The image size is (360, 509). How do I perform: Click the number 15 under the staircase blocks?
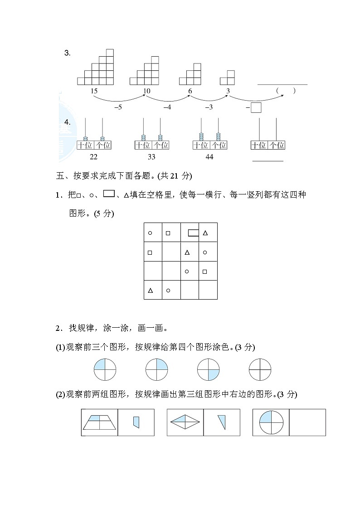click(x=94, y=91)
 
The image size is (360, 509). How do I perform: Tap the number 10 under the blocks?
click(x=146, y=91)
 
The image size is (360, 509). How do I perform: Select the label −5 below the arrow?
click(x=118, y=107)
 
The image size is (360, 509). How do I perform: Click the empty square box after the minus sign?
click(x=256, y=108)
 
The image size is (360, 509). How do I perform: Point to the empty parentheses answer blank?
click(x=286, y=91)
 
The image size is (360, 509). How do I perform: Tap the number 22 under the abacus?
click(x=94, y=157)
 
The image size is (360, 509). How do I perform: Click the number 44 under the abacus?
click(x=209, y=157)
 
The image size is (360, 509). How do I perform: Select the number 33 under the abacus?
click(x=151, y=157)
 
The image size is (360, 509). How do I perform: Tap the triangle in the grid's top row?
click(x=205, y=233)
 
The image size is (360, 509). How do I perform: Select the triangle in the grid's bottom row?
click(x=150, y=290)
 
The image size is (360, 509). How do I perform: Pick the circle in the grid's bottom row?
click(x=168, y=290)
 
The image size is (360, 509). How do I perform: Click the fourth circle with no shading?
click(x=260, y=370)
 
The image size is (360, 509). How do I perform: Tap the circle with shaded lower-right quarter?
click(x=208, y=370)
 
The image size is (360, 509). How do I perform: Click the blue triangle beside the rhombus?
click(x=222, y=422)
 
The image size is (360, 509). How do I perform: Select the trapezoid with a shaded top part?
click(x=100, y=422)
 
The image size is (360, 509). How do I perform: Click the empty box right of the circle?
click(x=307, y=422)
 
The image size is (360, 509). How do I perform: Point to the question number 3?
click(x=67, y=53)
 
